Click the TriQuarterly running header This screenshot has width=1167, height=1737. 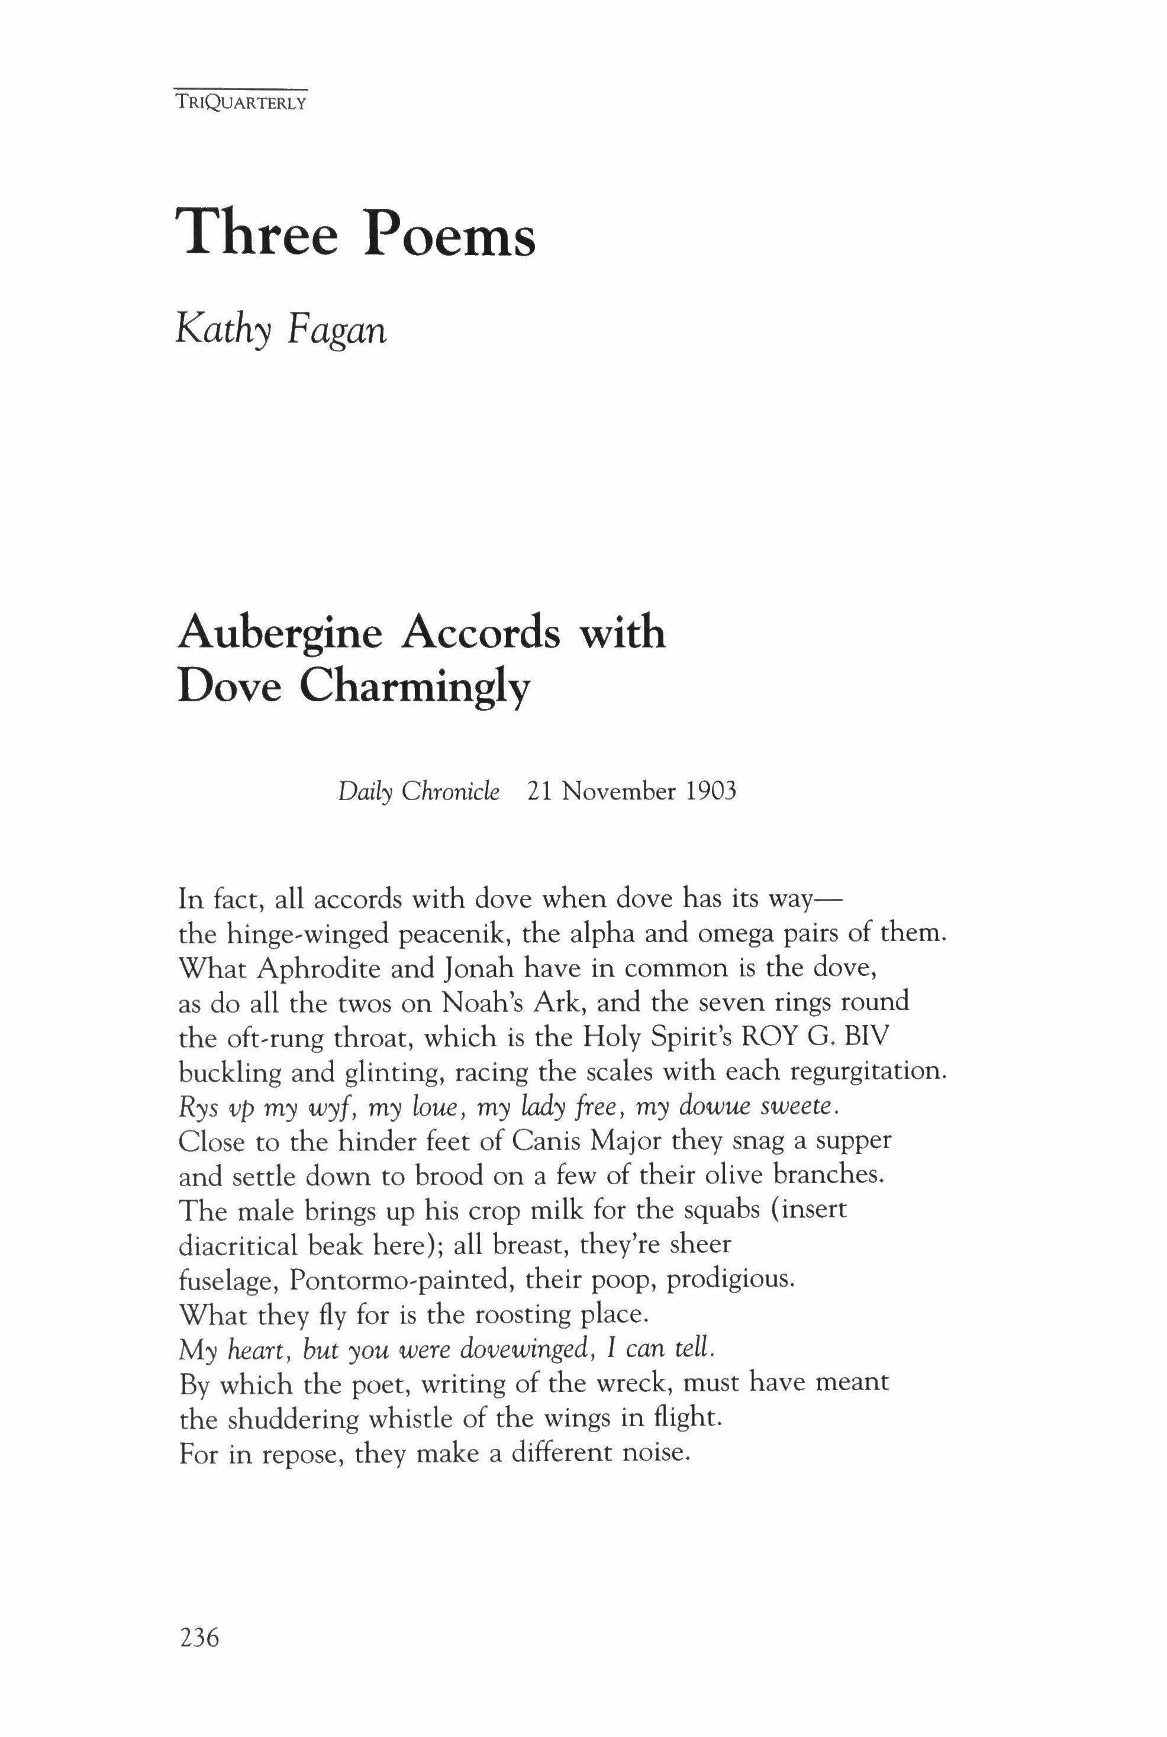pyautogui.click(x=240, y=104)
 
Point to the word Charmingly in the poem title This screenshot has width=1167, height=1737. pyautogui.click(x=415, y=688)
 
